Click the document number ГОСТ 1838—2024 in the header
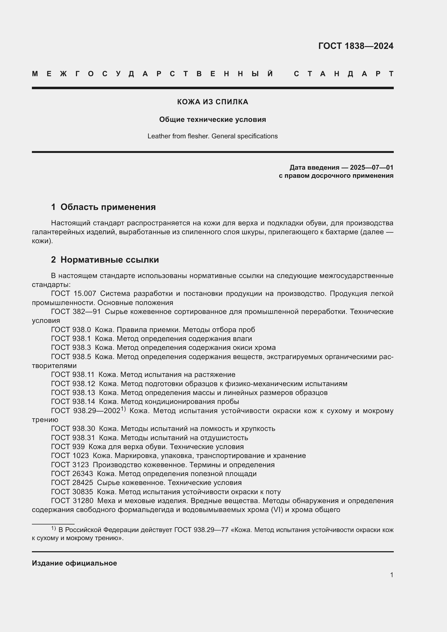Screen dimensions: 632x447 pyautogui.click(x=356, y=46)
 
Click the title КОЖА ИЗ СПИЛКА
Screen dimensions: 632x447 pyautogui.click(x=212, y=102)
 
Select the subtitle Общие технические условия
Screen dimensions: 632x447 pyautogui.click(x=212, y=119)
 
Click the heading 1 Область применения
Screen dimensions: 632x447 pyautogui.click(x=104, y=207)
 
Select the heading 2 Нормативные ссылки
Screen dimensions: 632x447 pyautogui.click(x=105, y=260)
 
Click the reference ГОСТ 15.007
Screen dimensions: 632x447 pyautogui.click(x=74, y=293)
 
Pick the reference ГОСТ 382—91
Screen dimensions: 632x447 pyautogui.click(x=76, y=312)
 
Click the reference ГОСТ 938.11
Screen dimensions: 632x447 pyautogui.click(x=73, y=374)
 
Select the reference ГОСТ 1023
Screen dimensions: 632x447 pyautogui.click(x=70, y=456)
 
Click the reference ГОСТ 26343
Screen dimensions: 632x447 pyautogui.click(x=72, y=474)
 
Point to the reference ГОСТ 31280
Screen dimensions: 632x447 pyautogui.click(x=72, y=501)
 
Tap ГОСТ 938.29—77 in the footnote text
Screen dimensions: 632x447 pyautogui.click(x=201, y=530)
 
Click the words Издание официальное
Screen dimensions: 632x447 pyautogui.click(x=74, y=563)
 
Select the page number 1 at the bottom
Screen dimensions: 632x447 pyautogui.click(x=391, y=575)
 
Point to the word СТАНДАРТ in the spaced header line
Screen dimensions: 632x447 pyautogui.click(x=343, y=74)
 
